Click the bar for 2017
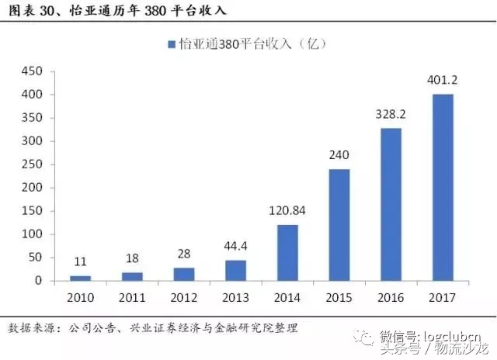click(443, 187)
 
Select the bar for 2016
click(390, 204)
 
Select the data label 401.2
click(443, 79)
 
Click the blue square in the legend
click(169, 44)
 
